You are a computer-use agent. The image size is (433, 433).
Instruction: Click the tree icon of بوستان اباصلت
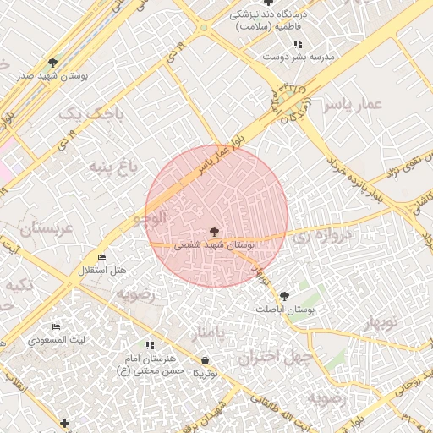point(284,296)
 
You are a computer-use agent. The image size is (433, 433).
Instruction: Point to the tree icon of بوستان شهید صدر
point(53,63)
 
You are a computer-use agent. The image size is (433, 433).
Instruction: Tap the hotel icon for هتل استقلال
point(102,258)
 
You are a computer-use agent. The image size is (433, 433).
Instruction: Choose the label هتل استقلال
point(101,271)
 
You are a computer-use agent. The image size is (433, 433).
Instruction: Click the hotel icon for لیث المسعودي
point(57,327)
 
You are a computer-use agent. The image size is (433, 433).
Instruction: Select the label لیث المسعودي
point(56,340)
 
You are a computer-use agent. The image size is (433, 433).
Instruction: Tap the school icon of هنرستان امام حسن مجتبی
point(150,345)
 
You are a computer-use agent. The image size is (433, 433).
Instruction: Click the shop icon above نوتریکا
point(206,359)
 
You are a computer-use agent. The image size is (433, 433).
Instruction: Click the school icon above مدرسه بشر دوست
point(297,43)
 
